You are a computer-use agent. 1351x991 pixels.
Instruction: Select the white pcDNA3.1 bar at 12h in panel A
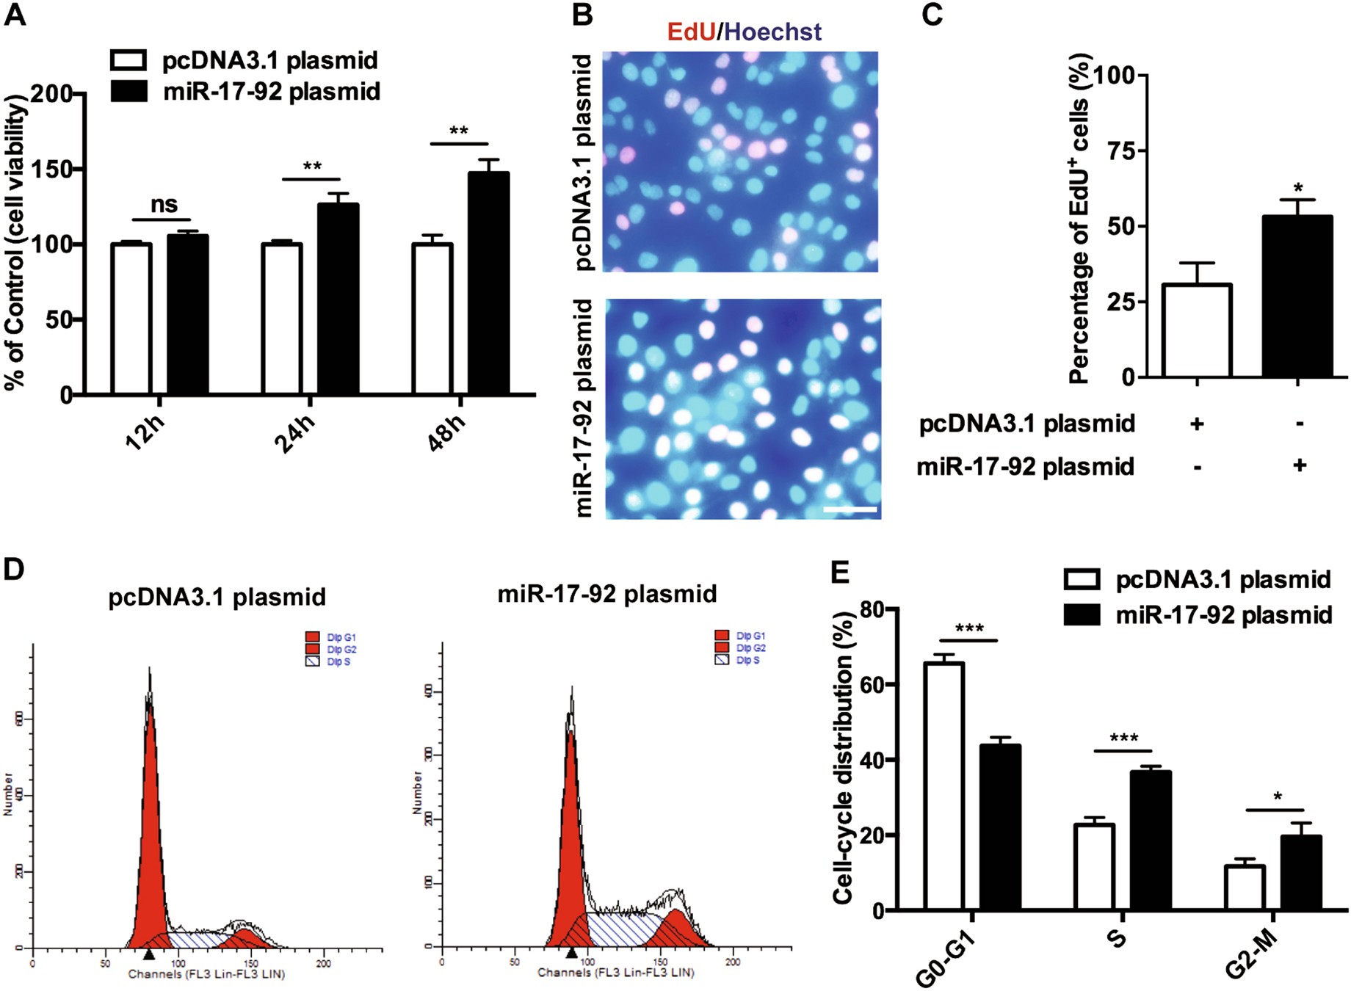131,319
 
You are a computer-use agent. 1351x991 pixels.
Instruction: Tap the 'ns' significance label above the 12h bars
164,205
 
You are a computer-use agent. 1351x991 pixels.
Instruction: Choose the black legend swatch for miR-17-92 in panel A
128,91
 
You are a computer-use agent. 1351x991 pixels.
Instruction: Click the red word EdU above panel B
691,32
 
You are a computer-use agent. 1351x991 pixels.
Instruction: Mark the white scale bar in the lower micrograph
850,509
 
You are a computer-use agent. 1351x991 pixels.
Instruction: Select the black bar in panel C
1297,297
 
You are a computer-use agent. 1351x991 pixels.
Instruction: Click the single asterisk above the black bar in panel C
1298,189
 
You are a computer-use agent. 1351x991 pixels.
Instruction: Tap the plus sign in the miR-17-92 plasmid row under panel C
1299,465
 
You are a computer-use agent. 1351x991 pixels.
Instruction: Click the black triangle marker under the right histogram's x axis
571,953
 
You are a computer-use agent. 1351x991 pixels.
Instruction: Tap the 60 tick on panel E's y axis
873,684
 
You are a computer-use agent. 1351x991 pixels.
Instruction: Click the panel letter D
15,570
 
